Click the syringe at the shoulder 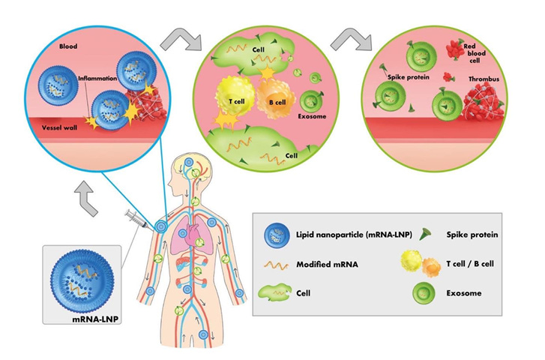tap(138, 220)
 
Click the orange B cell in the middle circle tap(276, 98)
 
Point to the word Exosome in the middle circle tap(312, 116)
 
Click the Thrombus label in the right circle tap(484, 79)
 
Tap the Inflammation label tap(97, 78)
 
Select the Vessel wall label tap(59, 127)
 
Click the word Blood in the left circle tap(68, 46)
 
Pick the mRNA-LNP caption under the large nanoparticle tap(95, 319)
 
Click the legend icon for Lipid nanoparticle tap(277, 235)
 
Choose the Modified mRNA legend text tap(327, 264)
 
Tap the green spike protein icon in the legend tap(424, 235)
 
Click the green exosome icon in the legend tap(424, 292)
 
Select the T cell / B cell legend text tap(470, 264)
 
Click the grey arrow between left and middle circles tap(181, 40)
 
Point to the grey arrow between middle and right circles tap(352, 40)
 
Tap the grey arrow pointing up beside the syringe tap(87, 198)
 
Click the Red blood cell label tap(475, 53)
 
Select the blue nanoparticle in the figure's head tap(188, 162)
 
